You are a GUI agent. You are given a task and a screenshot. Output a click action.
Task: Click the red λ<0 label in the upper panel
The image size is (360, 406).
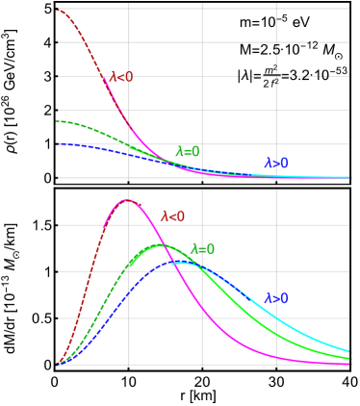[121, 77]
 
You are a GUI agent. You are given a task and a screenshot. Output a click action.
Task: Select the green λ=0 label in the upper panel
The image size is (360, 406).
[188, 151]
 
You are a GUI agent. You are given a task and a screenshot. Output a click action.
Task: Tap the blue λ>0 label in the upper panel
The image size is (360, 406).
[275, 164]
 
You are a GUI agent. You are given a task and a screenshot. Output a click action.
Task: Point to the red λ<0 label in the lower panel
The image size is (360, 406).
[172, 216]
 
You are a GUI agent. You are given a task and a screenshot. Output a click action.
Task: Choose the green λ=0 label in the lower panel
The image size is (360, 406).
[202, 249]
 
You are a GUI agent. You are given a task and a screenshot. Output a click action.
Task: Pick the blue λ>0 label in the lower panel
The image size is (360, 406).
[275, 298]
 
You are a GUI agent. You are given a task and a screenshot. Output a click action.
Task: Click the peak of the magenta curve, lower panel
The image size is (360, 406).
[128, 199]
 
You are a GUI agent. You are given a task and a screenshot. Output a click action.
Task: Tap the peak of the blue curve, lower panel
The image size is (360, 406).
[180, 262]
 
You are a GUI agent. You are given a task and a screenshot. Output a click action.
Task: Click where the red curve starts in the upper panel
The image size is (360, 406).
[58, 10]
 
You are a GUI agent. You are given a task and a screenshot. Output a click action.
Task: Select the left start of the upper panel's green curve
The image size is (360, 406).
[58, 122]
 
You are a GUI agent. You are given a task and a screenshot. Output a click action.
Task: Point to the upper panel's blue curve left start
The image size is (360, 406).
[58, 143]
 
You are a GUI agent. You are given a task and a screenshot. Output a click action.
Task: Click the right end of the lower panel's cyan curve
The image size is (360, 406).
[349, 350]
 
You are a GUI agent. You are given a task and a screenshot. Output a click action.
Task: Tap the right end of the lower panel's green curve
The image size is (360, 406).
[349, 359]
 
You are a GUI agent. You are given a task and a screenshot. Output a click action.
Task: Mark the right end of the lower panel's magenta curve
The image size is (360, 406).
[349, 364]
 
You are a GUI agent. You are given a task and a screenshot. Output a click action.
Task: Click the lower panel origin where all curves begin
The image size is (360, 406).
[58, 365]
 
